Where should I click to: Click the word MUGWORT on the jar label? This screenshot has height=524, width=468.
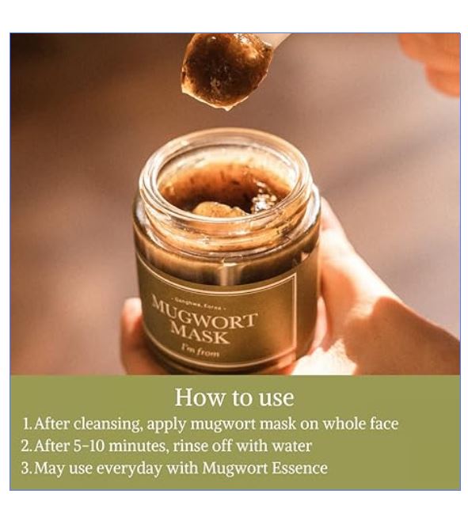(x=204, y=313)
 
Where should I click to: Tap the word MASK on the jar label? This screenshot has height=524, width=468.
(x=200, y=334)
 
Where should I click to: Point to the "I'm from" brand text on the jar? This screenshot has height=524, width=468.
(x=200, y=350)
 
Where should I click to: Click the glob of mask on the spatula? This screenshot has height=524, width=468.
(x=226, y=70)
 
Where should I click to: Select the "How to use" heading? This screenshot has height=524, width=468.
(x=234, y=397)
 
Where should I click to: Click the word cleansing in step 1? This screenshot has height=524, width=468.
(x=108, y=424)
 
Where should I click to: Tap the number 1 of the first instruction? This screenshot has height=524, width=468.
(x=26, y=423)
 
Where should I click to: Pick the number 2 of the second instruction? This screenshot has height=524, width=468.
(x=26, y=446)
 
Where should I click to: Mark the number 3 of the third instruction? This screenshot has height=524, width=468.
(x=26, y=468)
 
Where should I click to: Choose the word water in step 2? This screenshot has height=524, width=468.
(x=292, y=446)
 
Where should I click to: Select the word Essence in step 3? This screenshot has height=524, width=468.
(x=300, y=468)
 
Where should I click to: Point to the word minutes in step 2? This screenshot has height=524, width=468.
(x=138, y=446)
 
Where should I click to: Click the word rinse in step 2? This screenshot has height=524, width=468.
(x=190, y=446)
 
